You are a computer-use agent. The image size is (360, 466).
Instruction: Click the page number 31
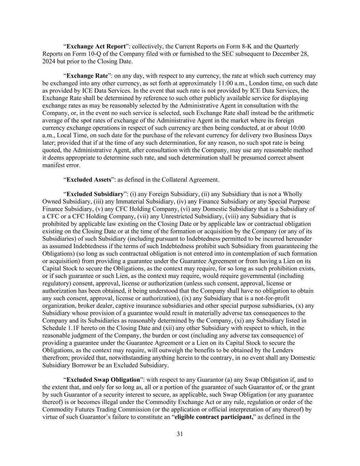180,434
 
